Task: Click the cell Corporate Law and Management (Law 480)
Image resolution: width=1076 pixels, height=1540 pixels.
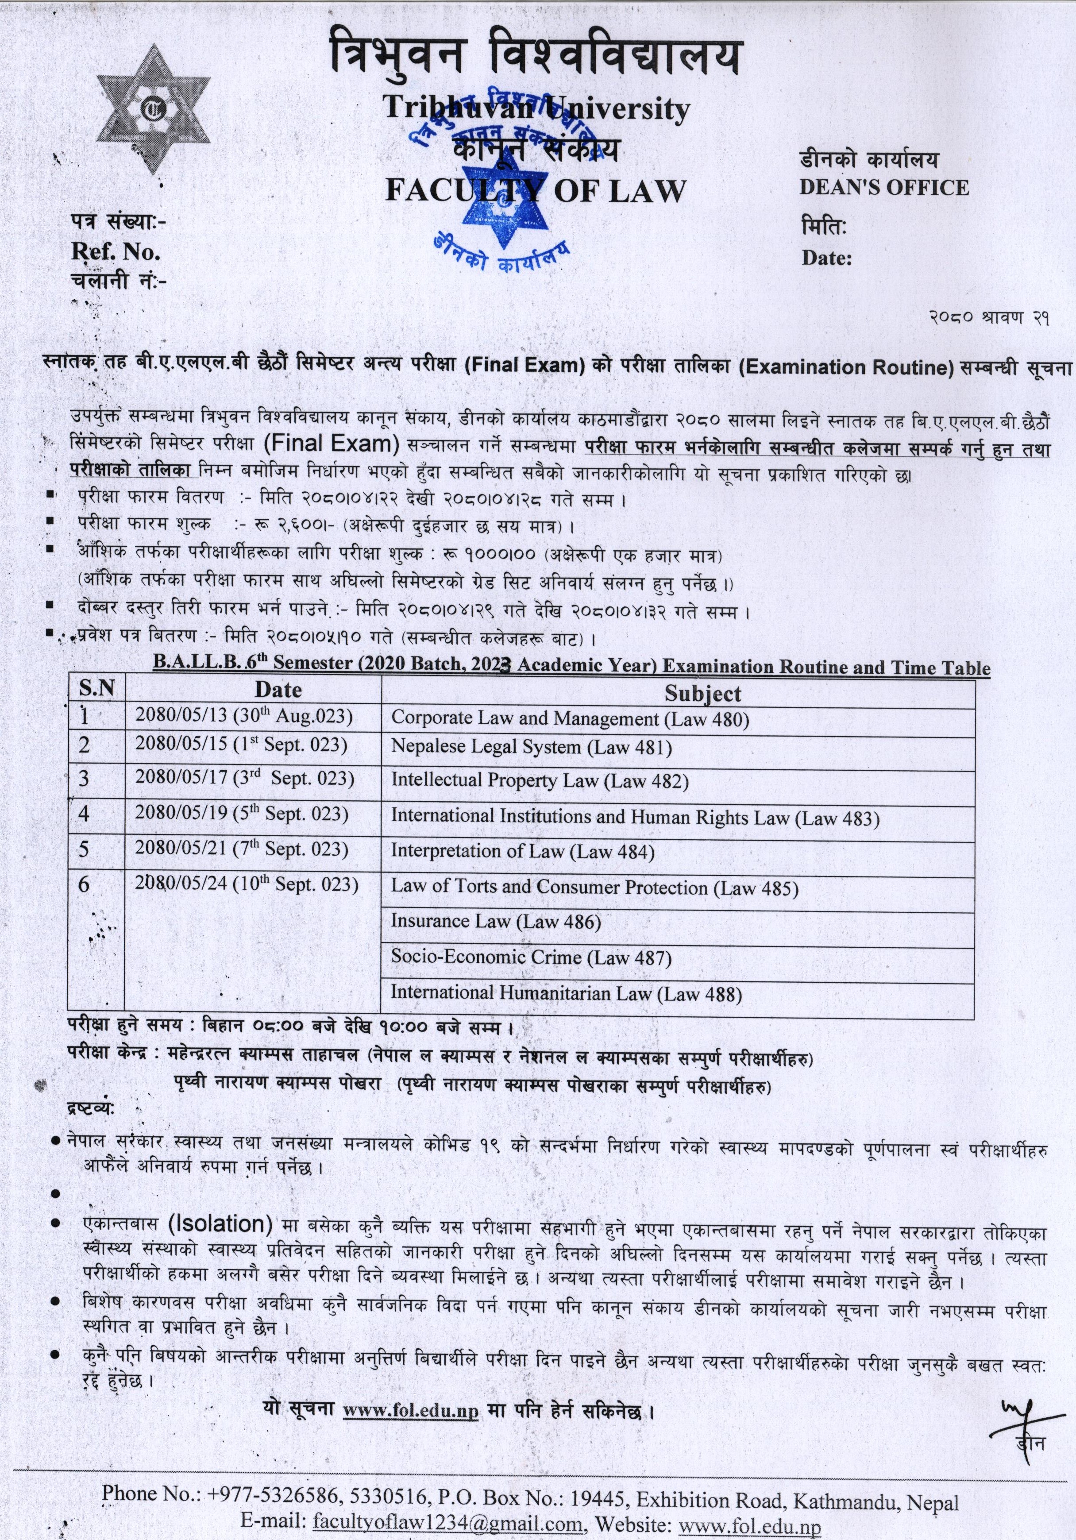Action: click(x=570, y=719)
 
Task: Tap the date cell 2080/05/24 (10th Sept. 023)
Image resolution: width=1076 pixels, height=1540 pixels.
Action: click(x=246, y=885)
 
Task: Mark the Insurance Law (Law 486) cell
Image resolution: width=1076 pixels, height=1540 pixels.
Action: click(x=496, y=922)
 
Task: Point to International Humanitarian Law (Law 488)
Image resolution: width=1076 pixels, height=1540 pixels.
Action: click(x=566, y=993)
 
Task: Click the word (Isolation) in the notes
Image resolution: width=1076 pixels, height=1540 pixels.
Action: click(x=220, y=1225)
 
